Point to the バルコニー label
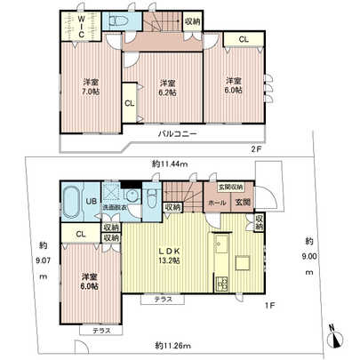pyautogui.click(x=178, y=134)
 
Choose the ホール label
pyautogui.click(x=217, y=203)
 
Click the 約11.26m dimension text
pyautogui.click(x=174, y=343)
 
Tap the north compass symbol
pyautogui.click(x=331, y=331)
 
